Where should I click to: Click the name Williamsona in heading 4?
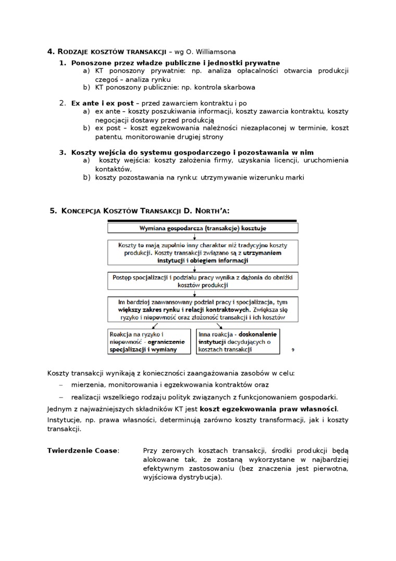coord(214,52)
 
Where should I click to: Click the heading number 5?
coord(52,210)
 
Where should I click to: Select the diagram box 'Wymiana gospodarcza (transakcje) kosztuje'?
coord(203,228)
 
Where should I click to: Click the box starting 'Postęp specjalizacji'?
coord(203,281)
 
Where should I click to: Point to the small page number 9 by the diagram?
coord(293,351)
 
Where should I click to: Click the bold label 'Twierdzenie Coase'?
coord(82,450)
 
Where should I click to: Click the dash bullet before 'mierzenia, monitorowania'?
coord(60,385)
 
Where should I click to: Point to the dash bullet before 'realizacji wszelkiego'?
coord(60,397)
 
